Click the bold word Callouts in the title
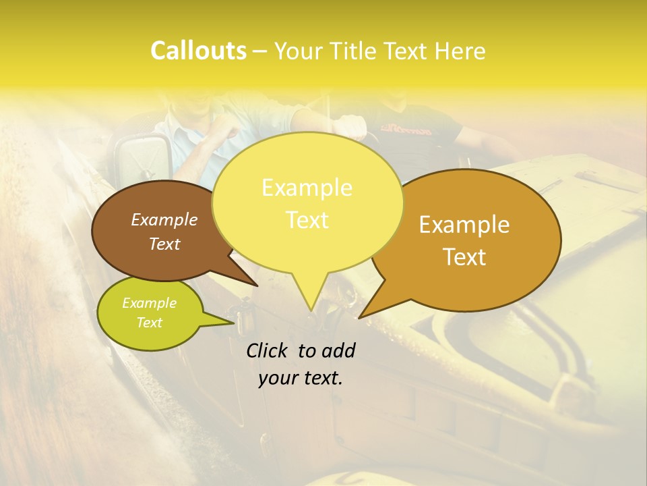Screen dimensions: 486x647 198,51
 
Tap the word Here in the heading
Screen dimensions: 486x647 460,51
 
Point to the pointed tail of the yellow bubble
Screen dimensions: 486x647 311,304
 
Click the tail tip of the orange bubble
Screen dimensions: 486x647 363,315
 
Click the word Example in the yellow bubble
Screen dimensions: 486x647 307,188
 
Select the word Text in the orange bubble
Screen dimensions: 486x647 465,257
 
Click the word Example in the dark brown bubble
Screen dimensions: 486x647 164,219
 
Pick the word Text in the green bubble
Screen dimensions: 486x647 149,323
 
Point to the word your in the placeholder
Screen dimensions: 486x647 278,378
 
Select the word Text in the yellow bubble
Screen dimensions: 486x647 307,220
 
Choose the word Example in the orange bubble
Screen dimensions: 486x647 464,225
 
